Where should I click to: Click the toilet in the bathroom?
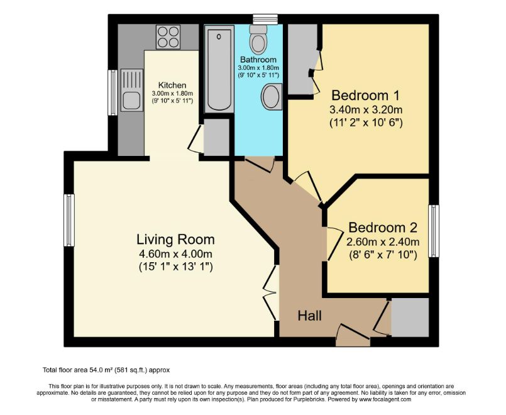pyautogui.click(x=258, y=40)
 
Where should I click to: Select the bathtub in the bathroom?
pyautogui.click(x=218, y=70)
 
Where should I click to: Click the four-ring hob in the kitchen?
pyautogui.click(x=168, y=36)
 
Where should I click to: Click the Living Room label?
pyautogui.click(x=175, y=240)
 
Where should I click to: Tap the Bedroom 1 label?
pyautogui.click(x=366, y=96)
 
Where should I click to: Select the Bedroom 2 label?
pyautogui.click(x=383, y=227)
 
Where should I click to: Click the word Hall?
pyautogui.click(x=310, y=316)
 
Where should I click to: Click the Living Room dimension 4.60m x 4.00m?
pyautogui.click(x=175, y=253)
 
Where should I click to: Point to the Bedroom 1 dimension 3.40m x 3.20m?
pyautogui.click(x=366, y=109)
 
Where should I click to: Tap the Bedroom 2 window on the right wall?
pyautogui.click(x=434, y=231)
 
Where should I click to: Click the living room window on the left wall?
pyautogui.click(x=69, y=220)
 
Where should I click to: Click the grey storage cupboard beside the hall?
pyautogui.click(x=409, y=318)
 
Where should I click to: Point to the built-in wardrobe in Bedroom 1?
pyautogui.click(x=300, y=60)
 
